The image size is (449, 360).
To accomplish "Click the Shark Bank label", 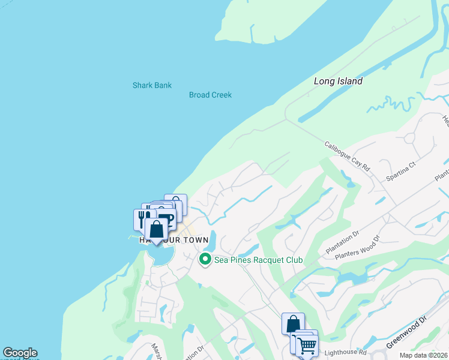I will tap(152, 85).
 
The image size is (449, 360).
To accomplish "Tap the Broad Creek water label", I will tap(210, 95).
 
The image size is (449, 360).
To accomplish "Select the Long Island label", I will tap(339, 81).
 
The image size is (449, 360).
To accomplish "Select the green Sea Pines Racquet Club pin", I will tap(205, 260).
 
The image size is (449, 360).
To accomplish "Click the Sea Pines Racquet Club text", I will tap(258, 260).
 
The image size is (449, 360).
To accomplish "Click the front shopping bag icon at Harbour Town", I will tap(156, 229).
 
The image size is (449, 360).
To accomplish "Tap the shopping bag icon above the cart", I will tap(293, 324).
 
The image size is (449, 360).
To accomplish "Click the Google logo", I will tap(20, 353).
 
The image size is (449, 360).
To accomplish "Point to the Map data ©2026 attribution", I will tap(424, 355).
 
